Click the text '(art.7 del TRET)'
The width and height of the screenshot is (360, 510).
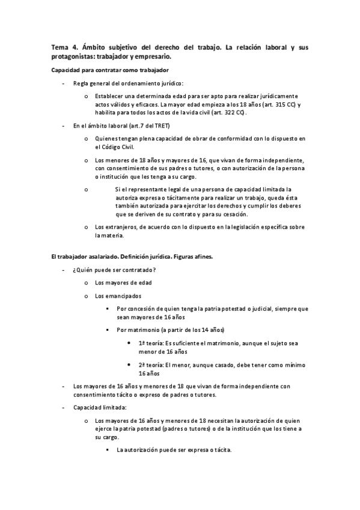(x=147, y=126)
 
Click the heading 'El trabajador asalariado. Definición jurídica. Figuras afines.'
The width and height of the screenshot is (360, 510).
(x=132, y=257)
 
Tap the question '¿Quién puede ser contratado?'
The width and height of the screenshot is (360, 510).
(x=114, y=269)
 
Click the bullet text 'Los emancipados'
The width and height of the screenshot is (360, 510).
(x=118, y=296)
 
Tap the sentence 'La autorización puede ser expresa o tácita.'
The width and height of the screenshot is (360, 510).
(x=175, y=450)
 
